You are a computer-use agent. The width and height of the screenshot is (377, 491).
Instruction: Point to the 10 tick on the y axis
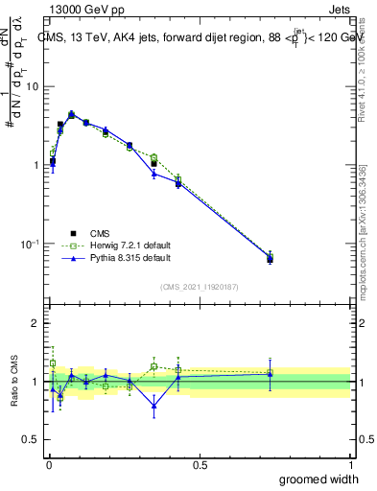pos(33,86)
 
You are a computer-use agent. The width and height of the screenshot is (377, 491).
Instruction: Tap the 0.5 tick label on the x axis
pos(200,465)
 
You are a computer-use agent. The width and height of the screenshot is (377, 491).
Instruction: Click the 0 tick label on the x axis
pos(49,465)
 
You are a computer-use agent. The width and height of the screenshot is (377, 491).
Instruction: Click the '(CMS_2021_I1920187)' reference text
pos(200,286)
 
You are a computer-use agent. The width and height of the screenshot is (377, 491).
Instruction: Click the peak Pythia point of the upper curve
pos(71,114)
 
